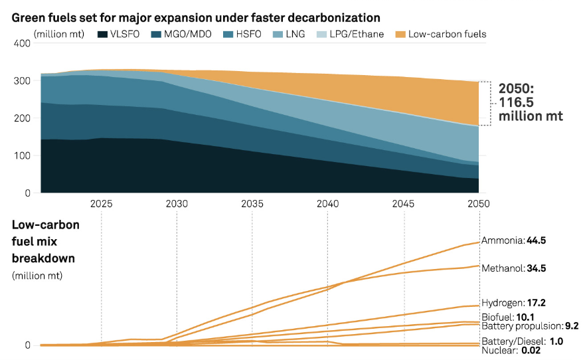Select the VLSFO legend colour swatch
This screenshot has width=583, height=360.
click(x=103, y=34)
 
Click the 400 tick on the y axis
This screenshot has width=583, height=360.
click(x=22, y=43)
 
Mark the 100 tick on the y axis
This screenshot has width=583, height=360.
click(x=22, y=156)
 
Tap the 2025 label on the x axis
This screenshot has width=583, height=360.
click(x=101, y=203)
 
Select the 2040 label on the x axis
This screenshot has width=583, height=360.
click(x=328, y=203)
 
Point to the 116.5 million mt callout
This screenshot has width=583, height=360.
click(x=531, y=102)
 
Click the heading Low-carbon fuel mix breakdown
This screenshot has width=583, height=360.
click(x=46, y=241)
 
